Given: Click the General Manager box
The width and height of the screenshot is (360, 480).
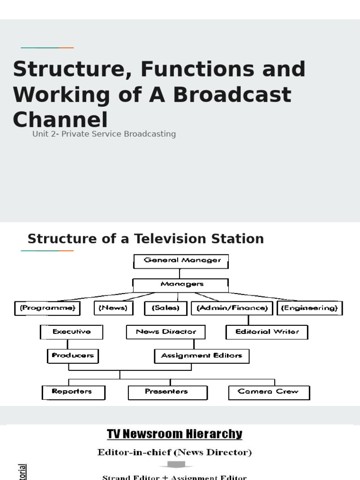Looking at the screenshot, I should [181, 261].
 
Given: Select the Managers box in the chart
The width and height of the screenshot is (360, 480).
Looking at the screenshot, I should [181, 285].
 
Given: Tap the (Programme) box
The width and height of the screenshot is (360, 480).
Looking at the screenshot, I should [47, 308].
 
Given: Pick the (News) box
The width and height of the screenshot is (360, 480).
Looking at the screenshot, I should [114, 308].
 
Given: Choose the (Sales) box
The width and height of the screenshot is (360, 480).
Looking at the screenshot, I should [165, 308].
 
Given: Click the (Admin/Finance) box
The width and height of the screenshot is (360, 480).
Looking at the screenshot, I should [232, 308].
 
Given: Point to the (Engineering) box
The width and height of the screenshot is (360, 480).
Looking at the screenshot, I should [310, 308].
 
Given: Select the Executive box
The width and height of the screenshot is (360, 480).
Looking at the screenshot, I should [71, 332].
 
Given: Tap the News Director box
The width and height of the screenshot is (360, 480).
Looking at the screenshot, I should [166, 332].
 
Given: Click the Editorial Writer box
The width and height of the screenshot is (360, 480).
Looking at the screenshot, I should [267, 332].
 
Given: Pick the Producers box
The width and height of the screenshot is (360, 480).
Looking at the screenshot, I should [73, 356].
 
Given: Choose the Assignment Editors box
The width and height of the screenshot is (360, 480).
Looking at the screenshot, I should [202, 356].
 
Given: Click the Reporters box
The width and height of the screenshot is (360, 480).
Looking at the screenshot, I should [73, 392].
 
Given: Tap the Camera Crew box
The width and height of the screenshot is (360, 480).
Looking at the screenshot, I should [269, 392].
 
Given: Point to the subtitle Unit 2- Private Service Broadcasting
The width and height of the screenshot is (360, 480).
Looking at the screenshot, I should [104, 134].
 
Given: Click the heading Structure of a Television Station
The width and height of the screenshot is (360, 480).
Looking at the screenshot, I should [145, 239].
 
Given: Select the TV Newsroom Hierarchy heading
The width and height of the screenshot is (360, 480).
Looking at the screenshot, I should [174, 434].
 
